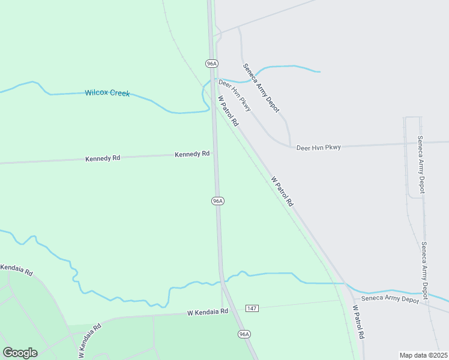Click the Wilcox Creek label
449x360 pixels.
[x=107, y=93]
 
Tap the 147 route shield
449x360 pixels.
[x=252, y=308]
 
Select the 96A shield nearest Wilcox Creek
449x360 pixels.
[x=211, y=64]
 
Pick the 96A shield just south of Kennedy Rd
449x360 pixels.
[x=218, y=201]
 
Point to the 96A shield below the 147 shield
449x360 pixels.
[x=244, y=334]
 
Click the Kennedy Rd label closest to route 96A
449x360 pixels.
[x=192, y=154]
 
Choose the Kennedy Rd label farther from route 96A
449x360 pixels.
[x=103, y=158]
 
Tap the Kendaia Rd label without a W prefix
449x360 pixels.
[x=17, y=269]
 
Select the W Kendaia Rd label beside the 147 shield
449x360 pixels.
[x=208, y=312]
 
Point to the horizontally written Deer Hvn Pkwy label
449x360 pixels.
[x=318, y=147]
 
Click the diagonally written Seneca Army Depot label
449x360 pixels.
[x=261, y=88]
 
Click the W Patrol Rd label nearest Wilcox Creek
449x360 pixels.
[x=228, y=111]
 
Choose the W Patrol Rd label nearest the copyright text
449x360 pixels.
[x=358, y=324]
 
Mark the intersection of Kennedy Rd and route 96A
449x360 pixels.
[x=215, y=154]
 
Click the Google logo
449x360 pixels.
[x=20, y=353]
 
